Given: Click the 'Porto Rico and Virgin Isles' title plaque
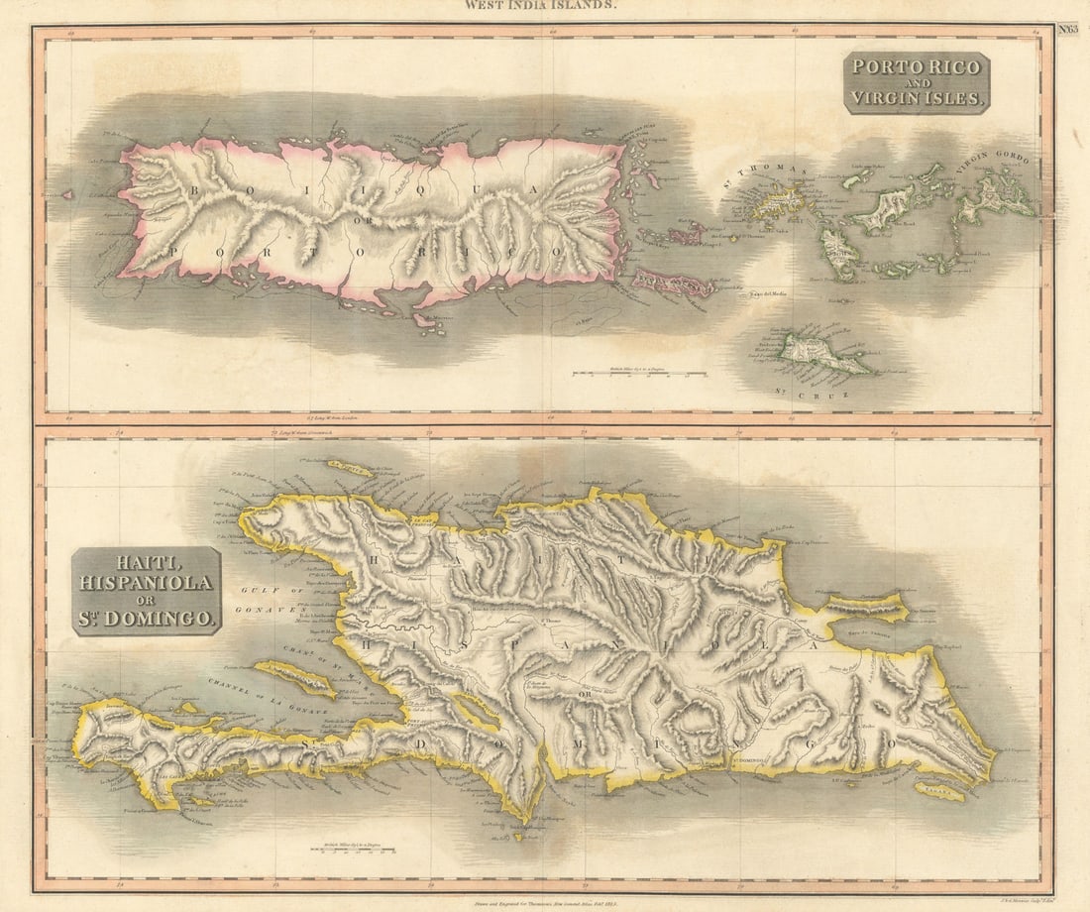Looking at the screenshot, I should (917, 82).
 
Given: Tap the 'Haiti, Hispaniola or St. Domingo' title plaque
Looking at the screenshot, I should (147, 591).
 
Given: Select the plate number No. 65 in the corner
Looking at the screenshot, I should (1068, 30).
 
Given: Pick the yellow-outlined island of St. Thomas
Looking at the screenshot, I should (779, 202).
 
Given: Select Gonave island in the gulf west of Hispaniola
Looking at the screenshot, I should (295, 678).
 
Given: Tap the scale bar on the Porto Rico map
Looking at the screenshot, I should (639, 374).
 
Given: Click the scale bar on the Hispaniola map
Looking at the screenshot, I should (353, 850).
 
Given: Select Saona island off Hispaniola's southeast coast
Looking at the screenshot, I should (938, 791).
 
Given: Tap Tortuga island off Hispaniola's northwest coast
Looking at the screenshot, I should (352, 467).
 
